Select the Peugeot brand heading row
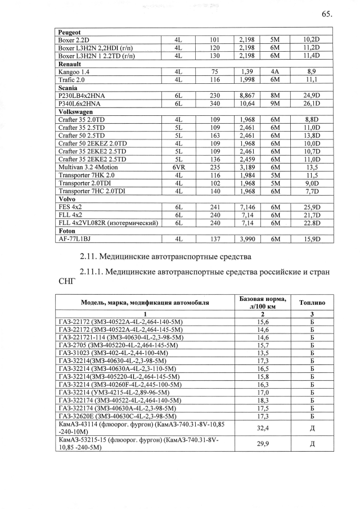pos(70,33)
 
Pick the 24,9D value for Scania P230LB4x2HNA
pos(311,96)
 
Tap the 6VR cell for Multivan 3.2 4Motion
pos(178,168)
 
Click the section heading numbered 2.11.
pos(164,258)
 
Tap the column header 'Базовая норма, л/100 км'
pos(262,301)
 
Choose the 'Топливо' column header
pos(312,301)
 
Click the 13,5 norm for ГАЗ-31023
pos(262,353)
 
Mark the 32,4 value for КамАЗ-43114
pos(262,428)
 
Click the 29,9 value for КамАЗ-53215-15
pos(262,444)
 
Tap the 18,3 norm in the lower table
pos(262,400)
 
